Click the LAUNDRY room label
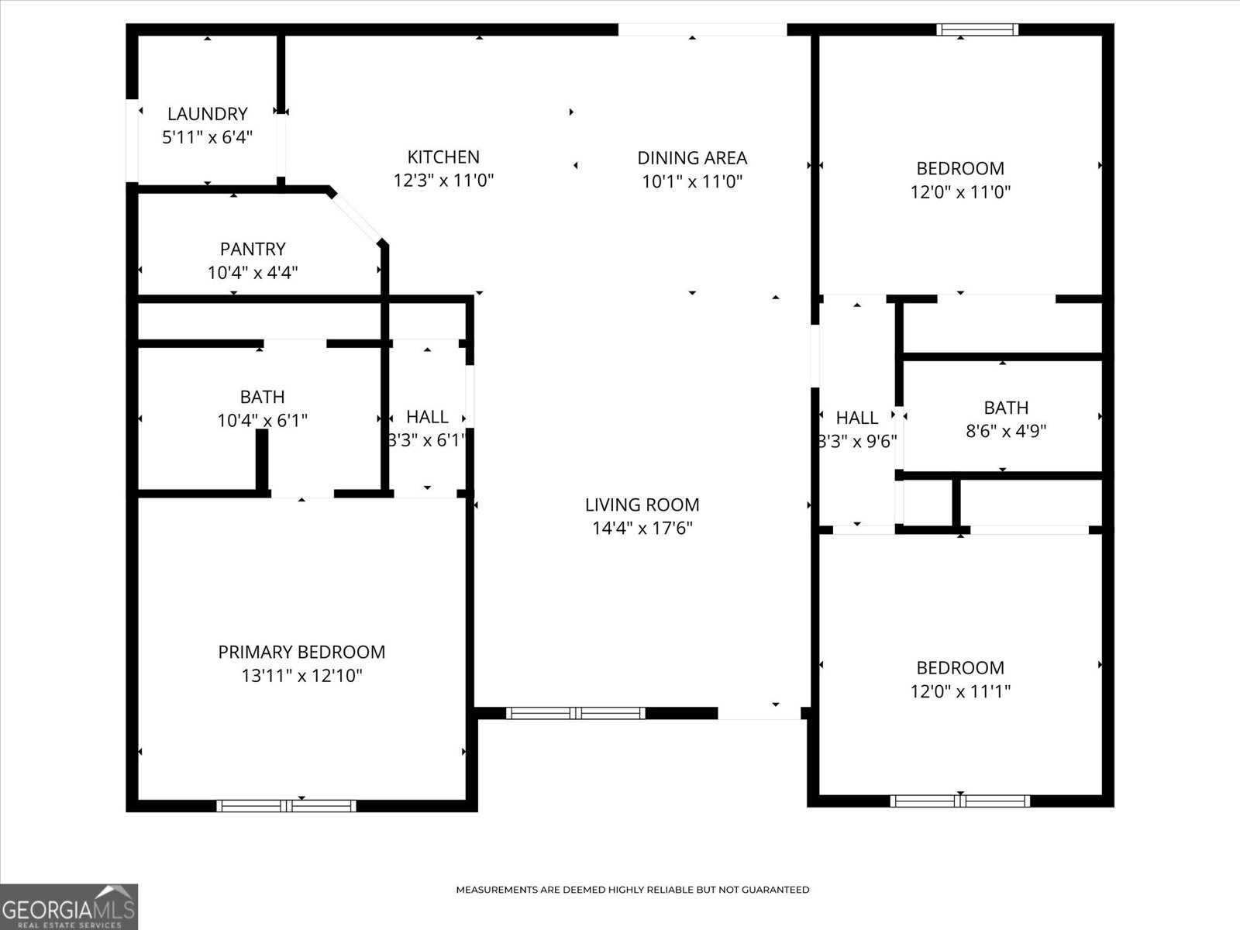click(x=208, y=114)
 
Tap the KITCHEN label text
click(x=443, y=157)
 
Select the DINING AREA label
click(x=692, y=158)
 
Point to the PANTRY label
click(x=253, y=249)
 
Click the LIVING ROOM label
click(x=642, y=505)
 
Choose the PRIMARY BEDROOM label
click(x=301, y=653)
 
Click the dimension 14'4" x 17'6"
click(x=642, y=528)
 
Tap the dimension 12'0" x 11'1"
click(x=960, y=691)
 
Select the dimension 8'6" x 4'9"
click(x=1006, y=432)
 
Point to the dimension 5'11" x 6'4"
click(x=208, y=137)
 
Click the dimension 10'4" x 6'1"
click(x=263, y=420)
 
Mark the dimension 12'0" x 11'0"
click(x=960, y=192)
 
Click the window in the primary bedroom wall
click(x=287, y=806)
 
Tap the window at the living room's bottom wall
click(x=576, y=713)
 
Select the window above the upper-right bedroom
click(x=977, y=29)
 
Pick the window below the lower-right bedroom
click(x=960, y=801)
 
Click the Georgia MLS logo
click(x=69, y=907)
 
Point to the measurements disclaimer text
click(x=632, y=890)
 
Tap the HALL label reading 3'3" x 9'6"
click(x=857, y=429)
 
